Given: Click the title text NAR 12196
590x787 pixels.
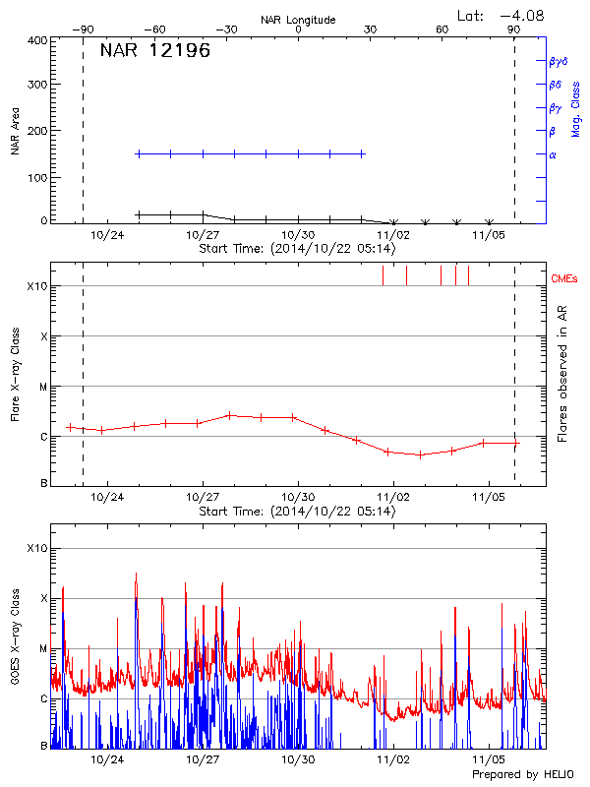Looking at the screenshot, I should (155, 51).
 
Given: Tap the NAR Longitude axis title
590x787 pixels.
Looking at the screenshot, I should (298, 20).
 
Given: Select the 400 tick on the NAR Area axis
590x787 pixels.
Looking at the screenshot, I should (38, 41).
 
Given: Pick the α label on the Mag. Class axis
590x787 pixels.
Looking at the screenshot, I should (553, 154).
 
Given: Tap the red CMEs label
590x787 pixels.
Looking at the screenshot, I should (563, 279).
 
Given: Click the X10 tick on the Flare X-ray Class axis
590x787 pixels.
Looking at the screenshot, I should (36, 286).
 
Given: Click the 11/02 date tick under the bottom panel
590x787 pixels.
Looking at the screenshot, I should (393, 759).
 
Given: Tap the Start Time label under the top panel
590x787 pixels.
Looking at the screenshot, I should (297, 249).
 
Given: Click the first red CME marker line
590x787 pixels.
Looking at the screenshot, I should (383, 275).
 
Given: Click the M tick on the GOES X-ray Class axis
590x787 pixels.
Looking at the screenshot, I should (41, 649).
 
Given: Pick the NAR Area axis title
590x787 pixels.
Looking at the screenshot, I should (15, 133).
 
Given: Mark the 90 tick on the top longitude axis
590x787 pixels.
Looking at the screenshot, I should (514, 30).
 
